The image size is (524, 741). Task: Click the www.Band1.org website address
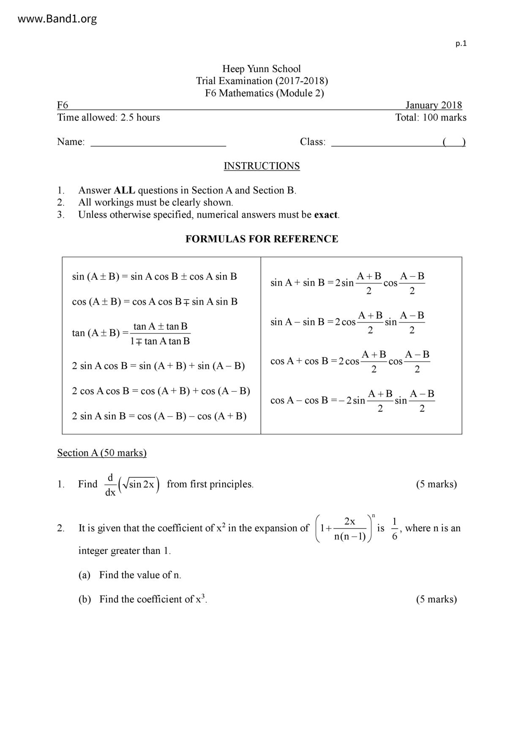tap(57, 19)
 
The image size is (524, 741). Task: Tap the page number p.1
tap(461, 44)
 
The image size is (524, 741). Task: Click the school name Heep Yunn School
tap(262, 69)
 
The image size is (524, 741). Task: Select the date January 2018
tap(434, 105)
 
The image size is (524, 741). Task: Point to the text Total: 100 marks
tap(431, 117)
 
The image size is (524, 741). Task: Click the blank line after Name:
tap(158, 143)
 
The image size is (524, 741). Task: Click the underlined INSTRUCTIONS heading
tap(262, 166)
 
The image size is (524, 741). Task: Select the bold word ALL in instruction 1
tap(124, 191)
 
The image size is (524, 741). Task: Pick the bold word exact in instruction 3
tap(325, 215)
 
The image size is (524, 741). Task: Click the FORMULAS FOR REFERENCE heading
tap(262, 239)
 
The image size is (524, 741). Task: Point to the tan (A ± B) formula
tap(131, 333)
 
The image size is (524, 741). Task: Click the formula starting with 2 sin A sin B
tap(159, 416)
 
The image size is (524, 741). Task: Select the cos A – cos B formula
tap(352, 400)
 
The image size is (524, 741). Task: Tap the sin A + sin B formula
tap(348, 283)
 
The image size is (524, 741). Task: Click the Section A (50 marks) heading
tap(102, 453)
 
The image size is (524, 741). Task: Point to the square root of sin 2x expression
tap(139, 484)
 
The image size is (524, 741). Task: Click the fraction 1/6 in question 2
tap(394, 529)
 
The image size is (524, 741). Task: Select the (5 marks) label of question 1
tap(436, 484)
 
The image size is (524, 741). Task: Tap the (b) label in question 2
tap(85, 599)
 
